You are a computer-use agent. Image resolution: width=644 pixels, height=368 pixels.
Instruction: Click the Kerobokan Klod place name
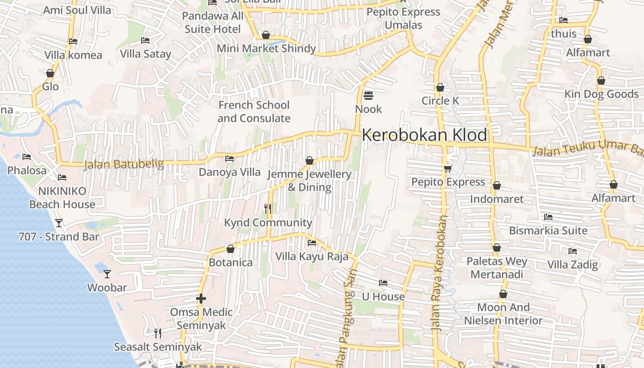pos(424,135)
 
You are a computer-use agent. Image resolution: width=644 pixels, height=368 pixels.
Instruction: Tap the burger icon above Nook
pos(368,96)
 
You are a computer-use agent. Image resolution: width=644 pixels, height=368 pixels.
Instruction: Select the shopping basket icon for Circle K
pos(440,87)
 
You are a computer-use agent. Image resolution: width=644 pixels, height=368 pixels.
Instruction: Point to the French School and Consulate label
pos(254,112)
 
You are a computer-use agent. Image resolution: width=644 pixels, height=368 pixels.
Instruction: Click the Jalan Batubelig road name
pos(124,164)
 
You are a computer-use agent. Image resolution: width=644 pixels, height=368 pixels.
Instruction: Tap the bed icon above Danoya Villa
pos(230,159)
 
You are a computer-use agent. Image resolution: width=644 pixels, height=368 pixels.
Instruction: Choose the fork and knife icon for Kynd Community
pos(268,209)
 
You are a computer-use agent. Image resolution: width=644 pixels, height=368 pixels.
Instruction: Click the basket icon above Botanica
pos(230,249)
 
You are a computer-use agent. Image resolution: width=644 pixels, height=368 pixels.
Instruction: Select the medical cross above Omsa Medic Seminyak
pos(201,299)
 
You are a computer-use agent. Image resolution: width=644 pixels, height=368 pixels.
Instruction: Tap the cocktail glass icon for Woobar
pos(107,274)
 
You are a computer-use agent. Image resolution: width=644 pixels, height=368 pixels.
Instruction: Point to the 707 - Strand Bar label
pos(59,237)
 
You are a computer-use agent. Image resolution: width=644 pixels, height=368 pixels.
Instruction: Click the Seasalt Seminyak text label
pos(158,347)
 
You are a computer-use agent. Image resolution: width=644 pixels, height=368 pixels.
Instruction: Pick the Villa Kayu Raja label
pos(312,257)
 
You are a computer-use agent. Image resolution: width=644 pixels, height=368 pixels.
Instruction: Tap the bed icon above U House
pos(383,283)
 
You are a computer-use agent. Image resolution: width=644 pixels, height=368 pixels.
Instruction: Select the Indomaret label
pos(497,199)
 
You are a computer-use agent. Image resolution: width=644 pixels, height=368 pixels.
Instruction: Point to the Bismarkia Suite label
pos(548,230)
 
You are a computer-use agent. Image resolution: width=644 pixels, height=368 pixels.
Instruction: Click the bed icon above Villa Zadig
pos(573,251)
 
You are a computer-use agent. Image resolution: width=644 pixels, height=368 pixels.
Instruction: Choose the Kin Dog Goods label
pos(602,94)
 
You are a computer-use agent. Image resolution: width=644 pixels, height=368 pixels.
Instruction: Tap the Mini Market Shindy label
pos(266,48)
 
